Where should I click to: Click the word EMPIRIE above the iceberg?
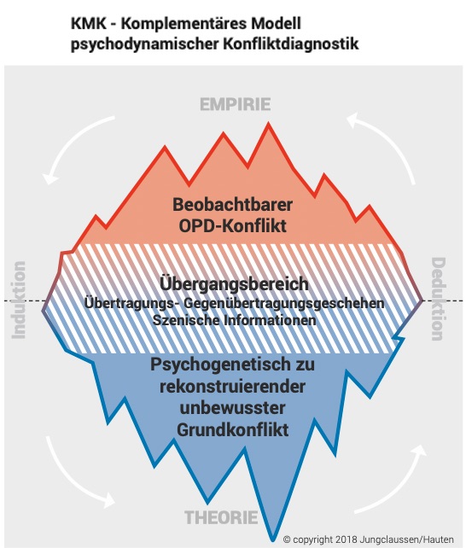click(x=235, y=104)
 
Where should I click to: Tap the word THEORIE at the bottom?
click(x=221, y=517)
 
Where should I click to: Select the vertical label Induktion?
click(x=19, y=300)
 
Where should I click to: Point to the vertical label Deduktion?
click(x=439, y=299)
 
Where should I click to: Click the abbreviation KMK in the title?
click(x=89, y=24)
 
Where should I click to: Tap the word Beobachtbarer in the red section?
click(x=233, y=205)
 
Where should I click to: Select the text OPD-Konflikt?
click(x=233, y=225)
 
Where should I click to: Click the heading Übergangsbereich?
click(x=234, y=283)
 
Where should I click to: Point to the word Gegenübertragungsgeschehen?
click(x=284, y=303)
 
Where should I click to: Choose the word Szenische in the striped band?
click(x=185, y=320)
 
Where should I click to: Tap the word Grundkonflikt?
click(x=233, y=429)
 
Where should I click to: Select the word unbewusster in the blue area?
click(x=233, y=408)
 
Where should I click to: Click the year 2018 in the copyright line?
click(x=346, y=539)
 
